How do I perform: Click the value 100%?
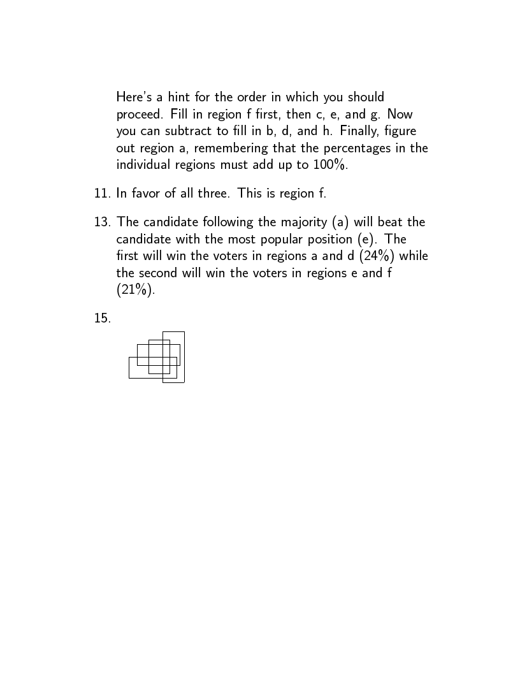click(x=329, y=164)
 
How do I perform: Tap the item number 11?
click(x=102, y=193)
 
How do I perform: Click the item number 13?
click(x=102, y=222)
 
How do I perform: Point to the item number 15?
click(x=102, y=318)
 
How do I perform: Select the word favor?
click(x=148, y=193)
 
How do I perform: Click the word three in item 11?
click(x=214, y=193)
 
